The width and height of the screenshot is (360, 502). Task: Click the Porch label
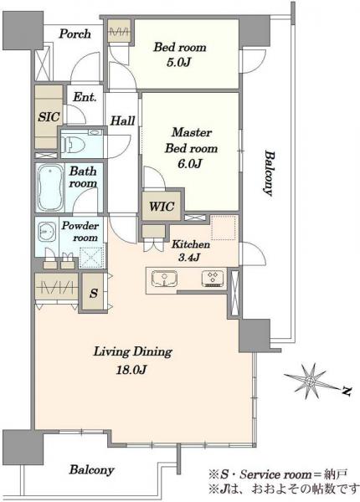tap(75, 34)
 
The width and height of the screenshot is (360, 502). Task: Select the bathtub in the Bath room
tap(49, 187)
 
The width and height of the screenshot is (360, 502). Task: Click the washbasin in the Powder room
tap(47, 232)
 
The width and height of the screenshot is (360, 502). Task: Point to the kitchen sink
tap(164, 279)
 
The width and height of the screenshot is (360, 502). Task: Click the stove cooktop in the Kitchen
tap(213, 279)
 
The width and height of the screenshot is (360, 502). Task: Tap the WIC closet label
tap(162, 207)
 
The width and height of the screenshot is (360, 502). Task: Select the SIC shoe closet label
tap(49, 116)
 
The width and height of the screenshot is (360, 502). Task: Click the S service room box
tap(93, 292)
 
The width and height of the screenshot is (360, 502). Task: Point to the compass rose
tap(310, 381)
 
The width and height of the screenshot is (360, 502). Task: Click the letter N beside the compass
tap(346, 391)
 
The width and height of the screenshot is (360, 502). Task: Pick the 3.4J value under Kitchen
tap(189, 257)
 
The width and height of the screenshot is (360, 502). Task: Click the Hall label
tap(122, 120)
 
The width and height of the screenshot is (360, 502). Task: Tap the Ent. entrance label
tap(85, 97)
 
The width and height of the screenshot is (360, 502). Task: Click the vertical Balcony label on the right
tap(270, 173)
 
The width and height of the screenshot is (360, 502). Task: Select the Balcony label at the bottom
tap(91, 470)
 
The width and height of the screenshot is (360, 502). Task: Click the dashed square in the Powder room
tap(91, 258)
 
